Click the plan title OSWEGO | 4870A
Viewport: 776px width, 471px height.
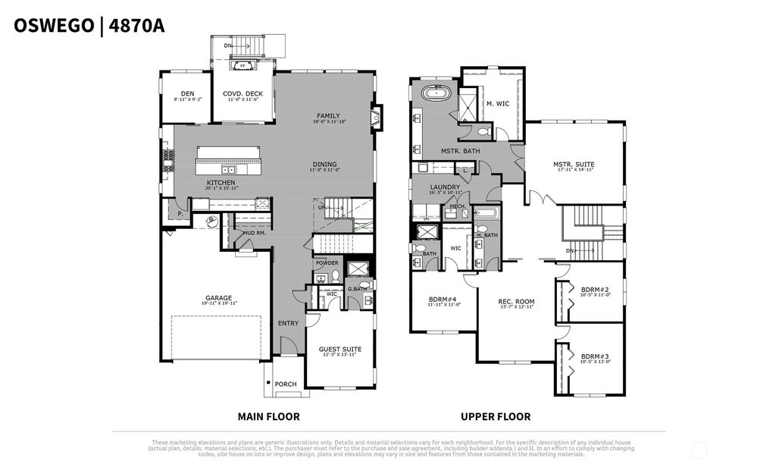coord(89,26)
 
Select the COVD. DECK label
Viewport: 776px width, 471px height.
coord(241,93)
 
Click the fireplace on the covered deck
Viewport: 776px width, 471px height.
coord(242,66)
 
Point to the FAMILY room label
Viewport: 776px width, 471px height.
coord(328,116)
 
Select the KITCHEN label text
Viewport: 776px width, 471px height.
coord(221,183)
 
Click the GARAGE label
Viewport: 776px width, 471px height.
coord(218,298)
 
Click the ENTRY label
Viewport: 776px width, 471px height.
coord(287,323)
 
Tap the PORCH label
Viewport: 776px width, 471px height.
coord(286,384)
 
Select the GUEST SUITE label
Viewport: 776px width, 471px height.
coord(339,349)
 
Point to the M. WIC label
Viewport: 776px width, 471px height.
coord(497,104)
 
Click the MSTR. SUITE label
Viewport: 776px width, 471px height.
coord(573,164)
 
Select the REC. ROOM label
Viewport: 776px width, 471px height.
coord(516,301)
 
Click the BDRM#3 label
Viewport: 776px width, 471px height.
coord(595,356)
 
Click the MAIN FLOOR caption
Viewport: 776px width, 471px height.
coord(268,416)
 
